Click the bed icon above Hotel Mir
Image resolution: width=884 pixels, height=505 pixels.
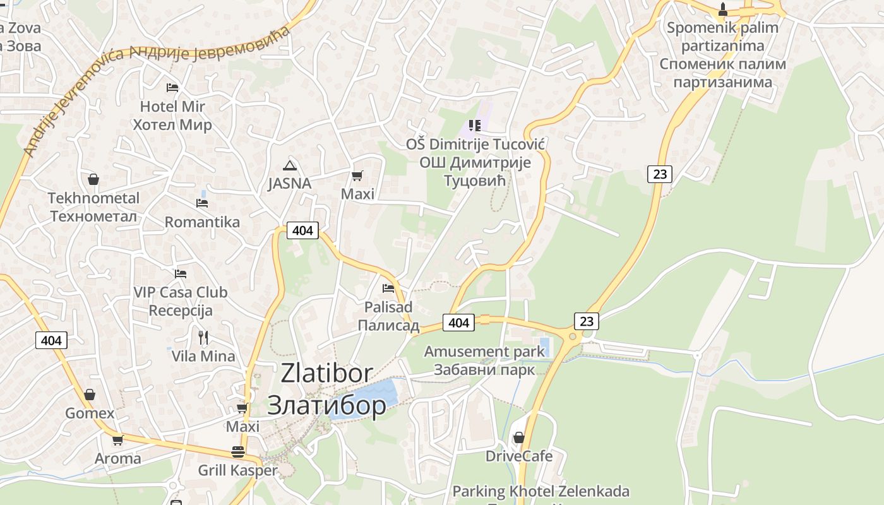(172, 87)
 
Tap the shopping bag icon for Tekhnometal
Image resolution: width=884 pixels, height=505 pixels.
(93, 180)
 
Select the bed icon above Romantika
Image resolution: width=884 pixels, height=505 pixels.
(202, 203)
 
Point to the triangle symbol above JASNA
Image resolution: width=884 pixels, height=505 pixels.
(290, 166)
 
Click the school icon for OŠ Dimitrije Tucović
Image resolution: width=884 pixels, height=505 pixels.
(474, 126)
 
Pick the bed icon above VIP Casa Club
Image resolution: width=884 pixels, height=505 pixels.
(181, 274)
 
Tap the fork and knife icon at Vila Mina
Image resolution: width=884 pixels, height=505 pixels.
(203, 337)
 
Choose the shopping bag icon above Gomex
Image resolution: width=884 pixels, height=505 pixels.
(90, 395)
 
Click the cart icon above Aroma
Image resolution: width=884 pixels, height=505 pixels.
(117, 440)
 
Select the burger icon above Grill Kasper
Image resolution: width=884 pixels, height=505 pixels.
(238, 452)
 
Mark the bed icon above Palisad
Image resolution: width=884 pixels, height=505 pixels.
(388, 288)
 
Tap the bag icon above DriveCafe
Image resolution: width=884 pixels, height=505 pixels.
(519, 437)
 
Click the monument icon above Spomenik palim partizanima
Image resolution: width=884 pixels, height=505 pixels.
(723, 9)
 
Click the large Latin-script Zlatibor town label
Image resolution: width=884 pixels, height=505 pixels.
(326, 373)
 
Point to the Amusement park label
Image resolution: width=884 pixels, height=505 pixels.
(484, 352)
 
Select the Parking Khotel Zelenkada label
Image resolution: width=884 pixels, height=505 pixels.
(541, 491)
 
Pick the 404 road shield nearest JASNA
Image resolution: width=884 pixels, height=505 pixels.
(302, 230)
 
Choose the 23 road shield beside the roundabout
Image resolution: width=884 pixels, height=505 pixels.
(587, 321)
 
